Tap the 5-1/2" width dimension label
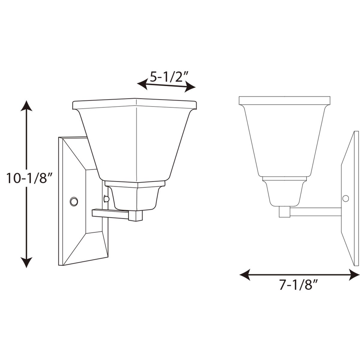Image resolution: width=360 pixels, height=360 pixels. [x=169, y=77]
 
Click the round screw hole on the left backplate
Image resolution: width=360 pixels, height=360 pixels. [x=74, y=201]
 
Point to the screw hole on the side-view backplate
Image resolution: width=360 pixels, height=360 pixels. [x=346, y=199]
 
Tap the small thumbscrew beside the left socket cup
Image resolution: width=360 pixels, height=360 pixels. [x=106, y=199]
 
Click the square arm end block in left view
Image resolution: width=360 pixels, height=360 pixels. [x=135, y=215]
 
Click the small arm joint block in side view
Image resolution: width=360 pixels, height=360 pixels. [x=284, y=212]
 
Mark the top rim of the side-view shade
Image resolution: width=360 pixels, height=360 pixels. [x=284, y=100]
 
